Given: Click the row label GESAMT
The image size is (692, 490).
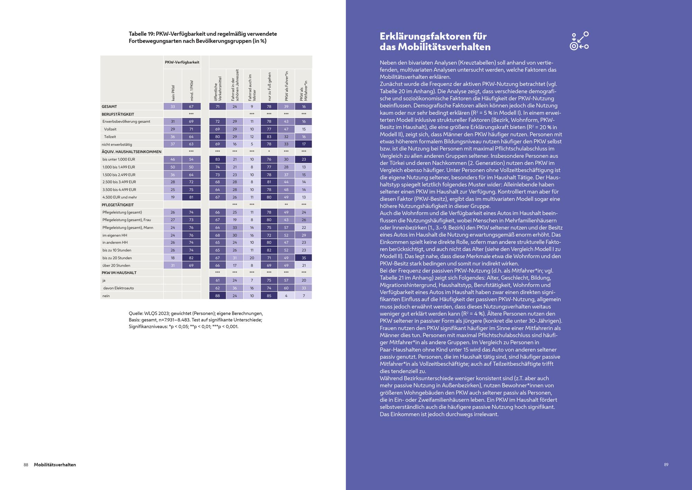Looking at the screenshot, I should click(x=109, y=107).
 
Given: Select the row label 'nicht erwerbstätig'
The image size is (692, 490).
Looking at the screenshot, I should click(x=117, y=144).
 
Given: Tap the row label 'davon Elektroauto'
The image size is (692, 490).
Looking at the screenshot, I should click(x=118, y=288).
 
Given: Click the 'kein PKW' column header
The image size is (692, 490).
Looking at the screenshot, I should click(x=173, y=93).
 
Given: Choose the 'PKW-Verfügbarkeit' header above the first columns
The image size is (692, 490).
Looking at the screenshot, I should click(x=182, y=62).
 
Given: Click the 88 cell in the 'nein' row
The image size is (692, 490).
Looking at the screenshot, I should click(x=218, y=296).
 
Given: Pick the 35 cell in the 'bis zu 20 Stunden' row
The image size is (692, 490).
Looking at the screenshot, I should click(x=304, y=258).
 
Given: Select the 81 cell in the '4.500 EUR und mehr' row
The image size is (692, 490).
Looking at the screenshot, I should click(x=191, y=197).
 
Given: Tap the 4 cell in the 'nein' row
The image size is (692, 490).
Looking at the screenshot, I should click(x=286, y=296).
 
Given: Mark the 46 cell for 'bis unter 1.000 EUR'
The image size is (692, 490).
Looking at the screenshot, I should click(x=173, y=160).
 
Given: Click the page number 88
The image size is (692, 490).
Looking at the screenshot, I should click(x=26, y=465).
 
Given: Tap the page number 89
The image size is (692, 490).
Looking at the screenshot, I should click(x=666, y=465).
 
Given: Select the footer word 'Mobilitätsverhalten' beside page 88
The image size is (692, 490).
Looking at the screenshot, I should click(x=55, y=465).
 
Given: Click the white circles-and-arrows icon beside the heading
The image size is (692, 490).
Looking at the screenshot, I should click(x=579, y=41).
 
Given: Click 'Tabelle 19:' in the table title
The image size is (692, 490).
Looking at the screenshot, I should click(x=142, y=34).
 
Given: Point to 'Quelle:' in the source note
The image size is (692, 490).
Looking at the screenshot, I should click(x=136, y=313).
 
